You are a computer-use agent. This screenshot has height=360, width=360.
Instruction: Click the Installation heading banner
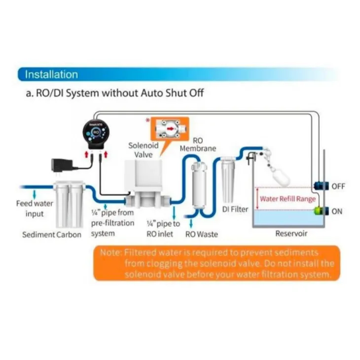[x=52, y=74]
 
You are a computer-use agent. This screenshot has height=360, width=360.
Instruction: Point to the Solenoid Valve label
[x=143, y=150]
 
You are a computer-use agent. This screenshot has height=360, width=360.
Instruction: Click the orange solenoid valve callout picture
[x=170, y=129]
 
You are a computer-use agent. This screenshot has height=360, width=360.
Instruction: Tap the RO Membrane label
[x=197, y=144]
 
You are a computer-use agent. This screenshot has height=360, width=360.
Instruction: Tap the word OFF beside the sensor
[x=338, y=186]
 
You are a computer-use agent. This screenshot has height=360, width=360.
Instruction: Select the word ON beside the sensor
[x=337, y=211]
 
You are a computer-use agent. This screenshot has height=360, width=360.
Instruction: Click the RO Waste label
[x=201, y=235]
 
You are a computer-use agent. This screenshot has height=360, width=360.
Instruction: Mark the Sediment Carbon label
[x=51, y=235]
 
